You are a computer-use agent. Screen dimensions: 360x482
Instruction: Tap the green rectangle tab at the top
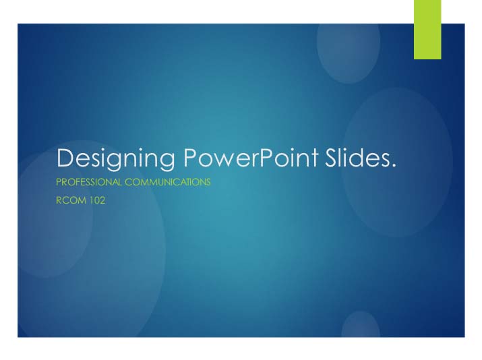pyautogui.click(x=427, y=30)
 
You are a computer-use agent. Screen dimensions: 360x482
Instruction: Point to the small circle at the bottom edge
pyautogui.click(x=361, y=326)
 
